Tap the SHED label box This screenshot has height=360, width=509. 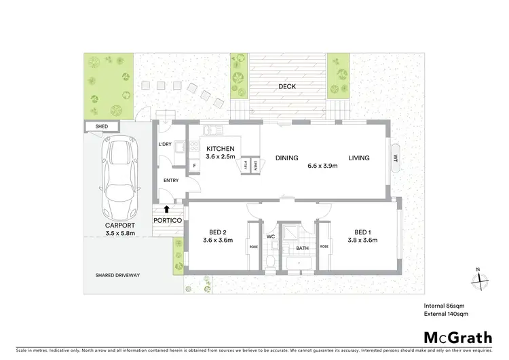pos(102,126)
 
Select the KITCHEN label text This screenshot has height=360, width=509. pos(221,149)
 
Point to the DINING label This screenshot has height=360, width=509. pos(286,158)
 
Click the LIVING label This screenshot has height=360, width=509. pos(359,158)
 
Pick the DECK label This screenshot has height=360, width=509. pos(287,87)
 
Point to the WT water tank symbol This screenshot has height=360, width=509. pos(394,158)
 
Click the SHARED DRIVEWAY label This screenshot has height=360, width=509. pos(117,275)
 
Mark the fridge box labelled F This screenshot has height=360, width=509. pos(195,165)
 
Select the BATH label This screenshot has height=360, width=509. pos(302,248)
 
